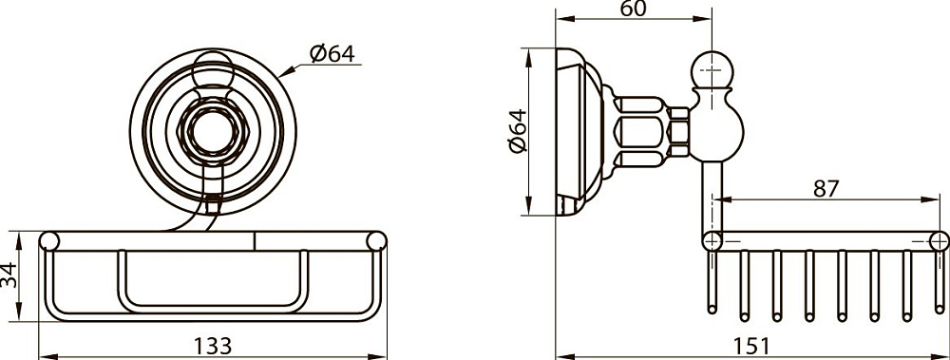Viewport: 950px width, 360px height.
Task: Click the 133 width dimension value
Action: pos(212,346)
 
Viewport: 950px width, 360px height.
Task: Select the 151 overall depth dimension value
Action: pos(751,347)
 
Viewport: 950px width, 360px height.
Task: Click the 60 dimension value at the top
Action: pos(634,9)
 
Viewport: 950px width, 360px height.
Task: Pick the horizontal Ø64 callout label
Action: pos(332,53)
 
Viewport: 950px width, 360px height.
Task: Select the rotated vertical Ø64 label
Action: pos(518,131)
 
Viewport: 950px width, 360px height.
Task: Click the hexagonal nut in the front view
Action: pos(212,131)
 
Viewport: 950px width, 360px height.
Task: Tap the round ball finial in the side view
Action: pos(712,69)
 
